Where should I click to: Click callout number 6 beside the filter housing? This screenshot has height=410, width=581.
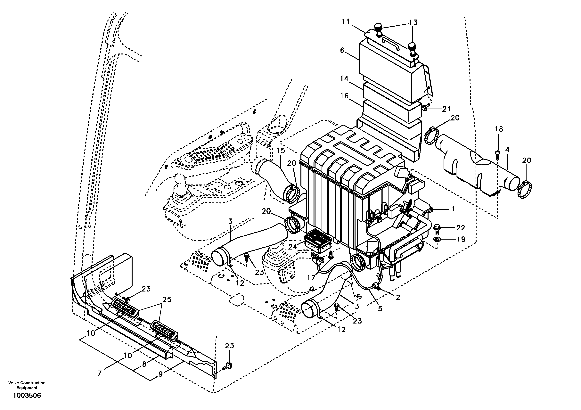click(x=342, y=50)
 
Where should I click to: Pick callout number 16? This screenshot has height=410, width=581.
click(x=344, y=96)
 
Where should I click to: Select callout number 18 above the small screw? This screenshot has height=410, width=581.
click(x=499, y=129)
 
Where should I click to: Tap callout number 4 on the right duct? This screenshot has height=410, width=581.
click(x=507, y=150)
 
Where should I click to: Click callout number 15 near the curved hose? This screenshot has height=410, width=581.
click(x=281, y=151)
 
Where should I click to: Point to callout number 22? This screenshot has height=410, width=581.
click(x=460, y=228)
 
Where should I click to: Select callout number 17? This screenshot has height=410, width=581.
click(x=311, y=277)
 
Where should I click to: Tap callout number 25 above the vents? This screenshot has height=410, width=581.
click(x=167, y=300)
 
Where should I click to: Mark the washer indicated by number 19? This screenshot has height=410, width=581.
click(x=437, y=239)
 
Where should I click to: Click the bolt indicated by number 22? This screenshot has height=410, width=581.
click(x=437, y=228)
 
